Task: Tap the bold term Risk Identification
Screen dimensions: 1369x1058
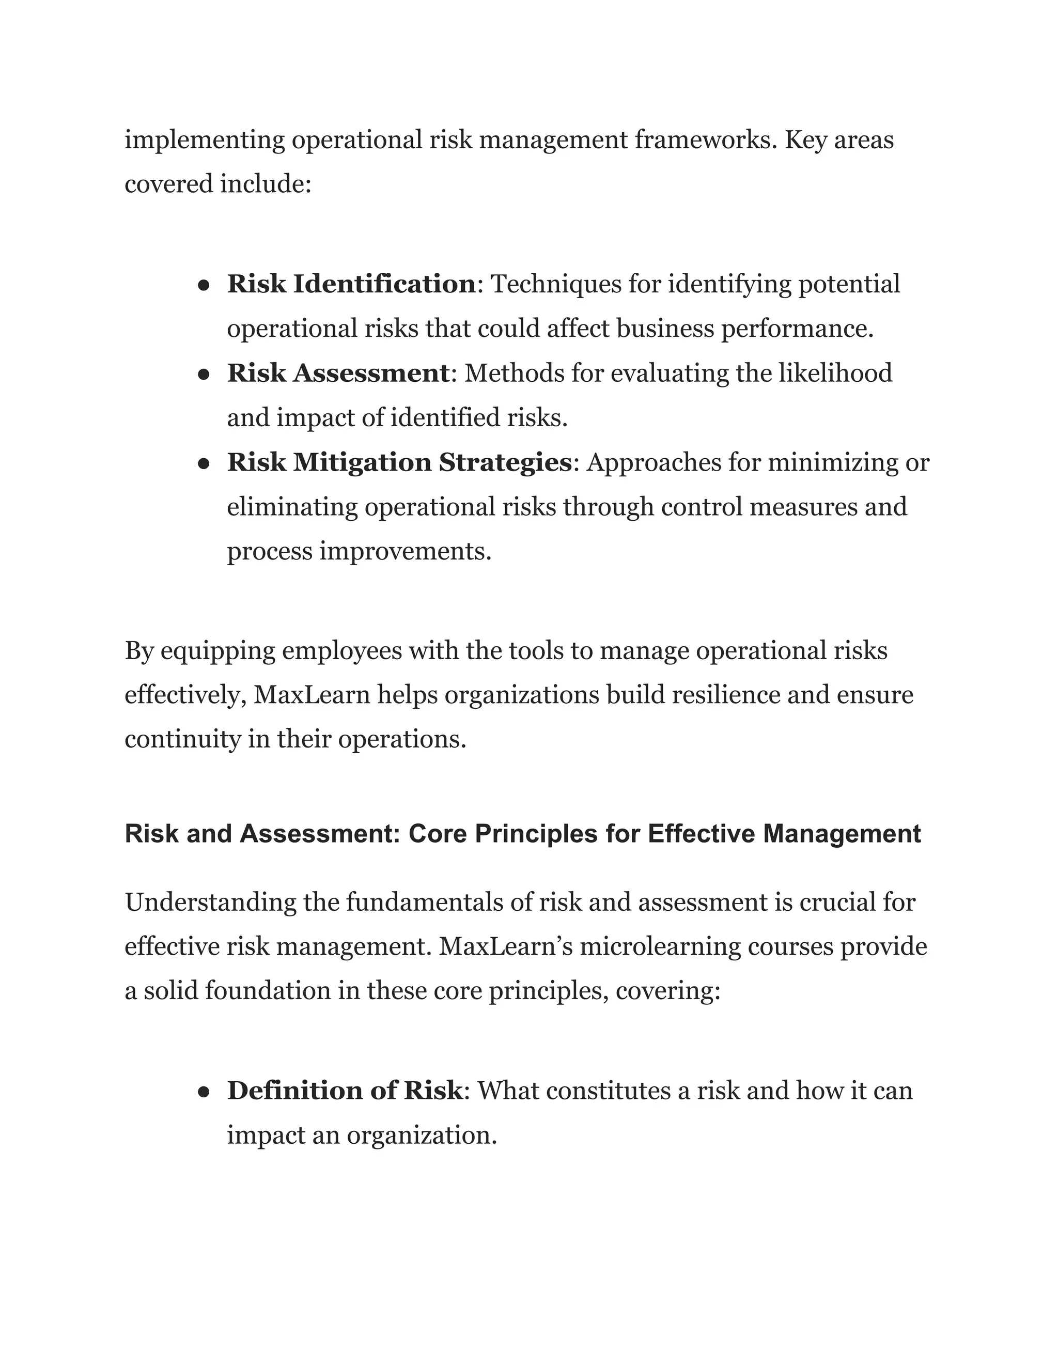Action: (x=351, y=284)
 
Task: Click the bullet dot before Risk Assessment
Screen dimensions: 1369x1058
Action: (x=203, y=374)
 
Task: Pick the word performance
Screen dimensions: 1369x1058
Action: (x=797, y=329)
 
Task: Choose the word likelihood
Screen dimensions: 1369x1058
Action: (x=835, y=373)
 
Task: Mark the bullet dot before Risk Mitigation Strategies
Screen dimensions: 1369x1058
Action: (x=203, y=464)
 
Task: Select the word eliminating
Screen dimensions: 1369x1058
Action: (x=291, y=507)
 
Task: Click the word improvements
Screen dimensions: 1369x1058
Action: (x=406, y=552)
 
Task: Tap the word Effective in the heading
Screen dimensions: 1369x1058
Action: (x=701, y=834)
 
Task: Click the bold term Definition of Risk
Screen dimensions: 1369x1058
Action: (x=344, y=1091)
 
